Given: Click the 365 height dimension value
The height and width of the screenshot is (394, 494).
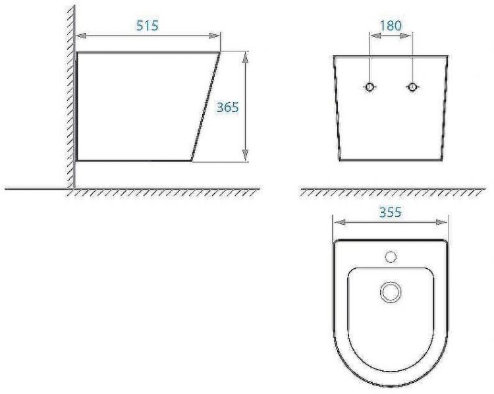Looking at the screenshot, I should point(227,107).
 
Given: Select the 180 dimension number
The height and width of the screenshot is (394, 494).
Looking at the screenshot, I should point(391,26).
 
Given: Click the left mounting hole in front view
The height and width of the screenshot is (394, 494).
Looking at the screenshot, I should point(371,87).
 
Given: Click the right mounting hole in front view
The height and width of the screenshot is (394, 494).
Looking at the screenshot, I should point(412,87).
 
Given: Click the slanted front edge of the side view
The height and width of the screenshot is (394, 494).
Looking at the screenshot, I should point(206,107).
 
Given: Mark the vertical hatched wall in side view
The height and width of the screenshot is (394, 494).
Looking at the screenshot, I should point(69,99).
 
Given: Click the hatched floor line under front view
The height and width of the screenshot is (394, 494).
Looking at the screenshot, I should point(392,191).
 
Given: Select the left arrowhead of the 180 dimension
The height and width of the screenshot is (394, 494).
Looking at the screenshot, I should point(374,37).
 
